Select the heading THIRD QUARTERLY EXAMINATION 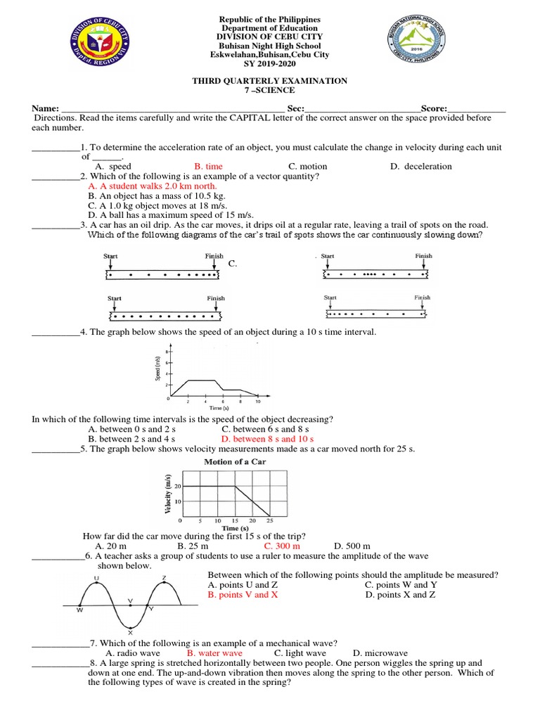click(x=270, y=81)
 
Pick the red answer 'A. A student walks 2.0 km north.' click(x=153, y=186)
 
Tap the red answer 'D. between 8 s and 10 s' click(x=267, y=438)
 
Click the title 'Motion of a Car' click(x=235, y=462)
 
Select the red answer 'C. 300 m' click(x=282, y=546)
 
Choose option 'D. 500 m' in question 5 click(x=352, y=546)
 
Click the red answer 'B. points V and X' click(x=243, y=595)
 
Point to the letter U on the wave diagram click(x=96, y=578)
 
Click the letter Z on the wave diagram click(x=164, y=578)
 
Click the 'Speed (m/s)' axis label click(x=159, y=368)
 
